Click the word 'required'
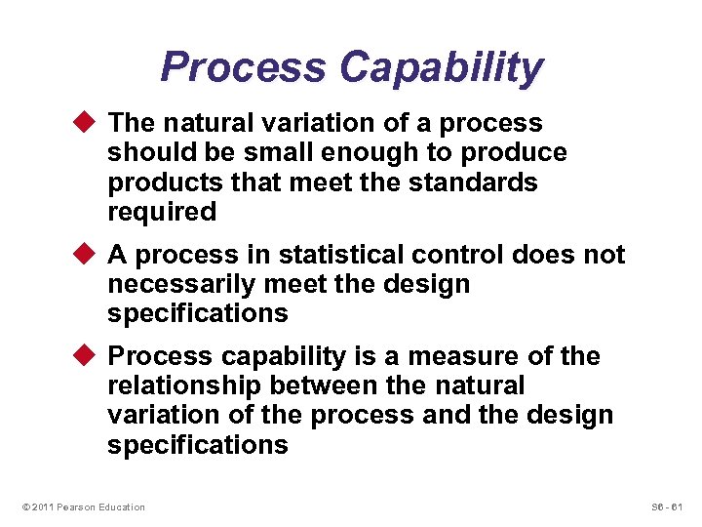161,212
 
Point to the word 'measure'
470,357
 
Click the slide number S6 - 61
668,507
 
